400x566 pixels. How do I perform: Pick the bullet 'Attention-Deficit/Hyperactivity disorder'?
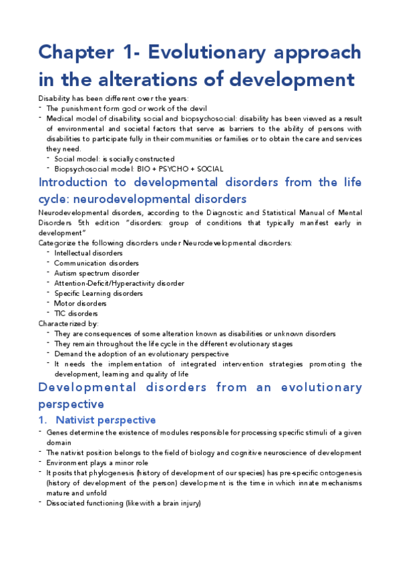(x=119, y=283)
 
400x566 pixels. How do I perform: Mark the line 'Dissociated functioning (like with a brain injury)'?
(x=124, y=503)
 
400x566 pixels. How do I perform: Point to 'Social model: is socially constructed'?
(x=114, y=159)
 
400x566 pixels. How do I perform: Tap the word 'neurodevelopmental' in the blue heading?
(x=131, y=199)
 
